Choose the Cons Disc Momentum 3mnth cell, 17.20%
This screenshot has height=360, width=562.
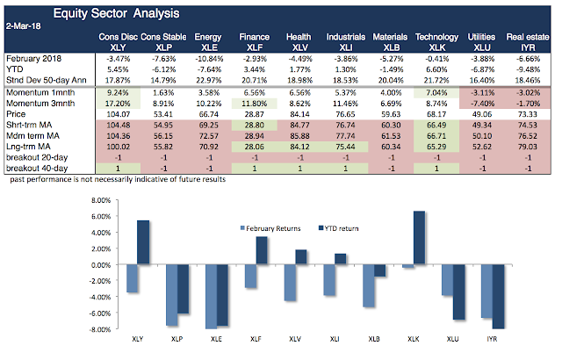coord(116,102)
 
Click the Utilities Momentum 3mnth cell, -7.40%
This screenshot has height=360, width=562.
coord(479,102)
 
